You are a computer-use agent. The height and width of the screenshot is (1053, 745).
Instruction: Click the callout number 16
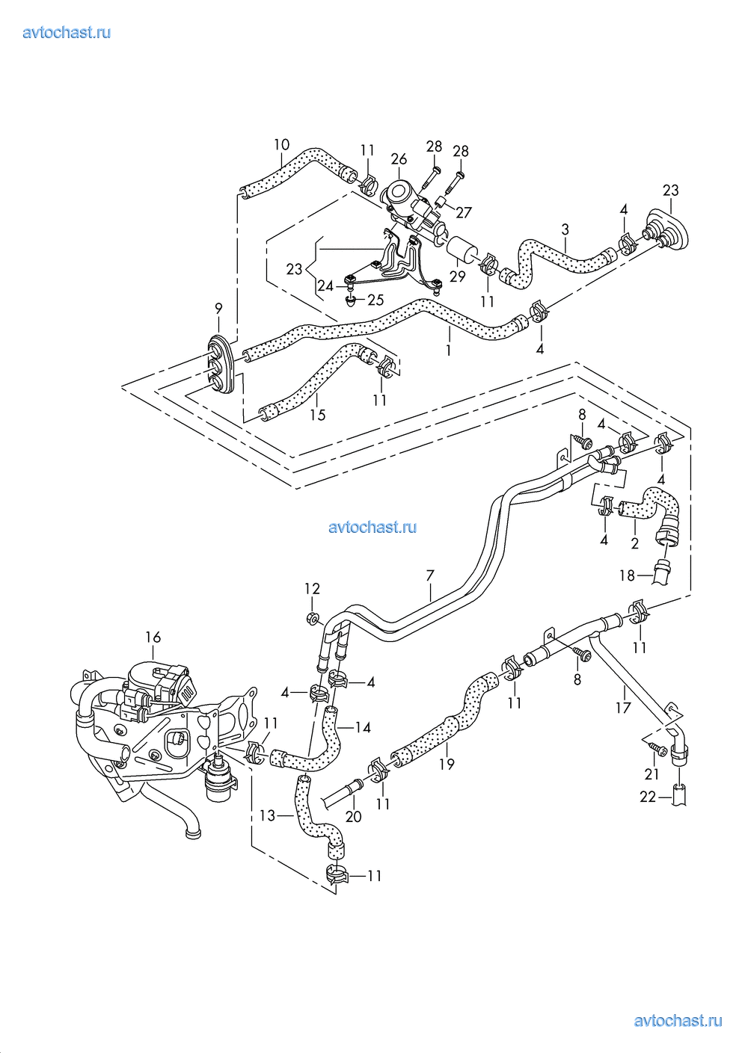click(x=153, y=637)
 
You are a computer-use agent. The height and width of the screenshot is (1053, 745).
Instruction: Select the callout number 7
click(x=430, y=575)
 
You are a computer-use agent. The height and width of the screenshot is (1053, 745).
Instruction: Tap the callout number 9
click(x=218, y=307)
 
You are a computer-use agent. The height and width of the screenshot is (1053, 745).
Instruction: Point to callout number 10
click(x=281, y=145)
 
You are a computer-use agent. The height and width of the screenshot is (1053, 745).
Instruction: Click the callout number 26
click(x=399, y=159)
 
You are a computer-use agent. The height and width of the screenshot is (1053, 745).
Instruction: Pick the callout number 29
click(x=458, y=277)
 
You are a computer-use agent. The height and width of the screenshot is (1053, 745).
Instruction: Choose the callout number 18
click(x=627, y=575)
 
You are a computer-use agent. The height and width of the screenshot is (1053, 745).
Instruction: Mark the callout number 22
click(x=648, y=797)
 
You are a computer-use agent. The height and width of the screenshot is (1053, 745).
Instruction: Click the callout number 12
click(x=312, y=589)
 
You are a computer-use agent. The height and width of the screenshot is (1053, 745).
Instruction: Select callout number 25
click(x=375, y=300)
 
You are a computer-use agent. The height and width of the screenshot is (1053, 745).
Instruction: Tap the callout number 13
click(x=267, y=816)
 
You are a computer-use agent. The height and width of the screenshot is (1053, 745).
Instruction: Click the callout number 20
click(x=354, y=817)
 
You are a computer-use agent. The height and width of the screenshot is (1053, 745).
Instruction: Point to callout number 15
click(x=318, y=415)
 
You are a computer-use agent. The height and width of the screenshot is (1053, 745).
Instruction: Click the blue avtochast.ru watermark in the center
click(x=372, y=528)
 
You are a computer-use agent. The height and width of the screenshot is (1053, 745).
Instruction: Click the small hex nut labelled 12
click(x=313, y=618)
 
